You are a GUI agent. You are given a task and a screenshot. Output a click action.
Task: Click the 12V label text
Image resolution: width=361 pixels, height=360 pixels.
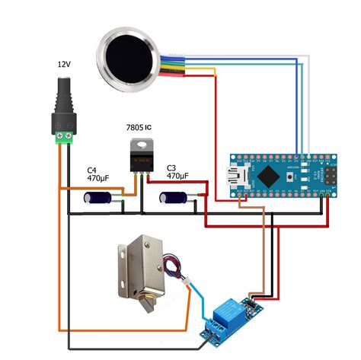pyautogui.click(x=64, y=65)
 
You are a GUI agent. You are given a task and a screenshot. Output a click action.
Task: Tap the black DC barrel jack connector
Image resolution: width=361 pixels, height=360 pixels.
pyautogui.click(x=64, y=98)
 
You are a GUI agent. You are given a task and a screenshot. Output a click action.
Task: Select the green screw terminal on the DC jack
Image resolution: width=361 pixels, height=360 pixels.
pyautogui.click(x=64, y=136)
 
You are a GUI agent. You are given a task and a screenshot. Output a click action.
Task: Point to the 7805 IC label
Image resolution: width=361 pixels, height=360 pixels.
pyautogui.click(x=141, y=125)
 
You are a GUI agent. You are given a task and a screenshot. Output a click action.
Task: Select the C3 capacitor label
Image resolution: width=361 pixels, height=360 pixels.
pyautogui.click(x=171, y=167)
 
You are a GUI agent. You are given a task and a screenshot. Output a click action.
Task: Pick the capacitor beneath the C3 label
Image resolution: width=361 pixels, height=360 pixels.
pyautogui.click(x=174, y=197)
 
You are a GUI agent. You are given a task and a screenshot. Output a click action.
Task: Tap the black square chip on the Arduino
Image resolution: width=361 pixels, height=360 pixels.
pyautogui.click(x=270, y=175)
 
